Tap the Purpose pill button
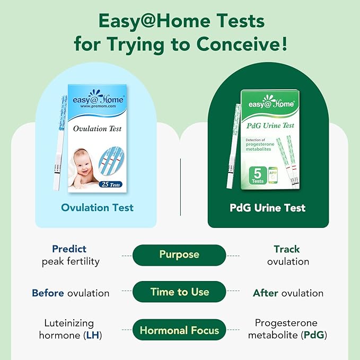[x=179, y=254]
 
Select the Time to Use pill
[x=179, y=292]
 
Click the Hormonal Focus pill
[x=179, y=330]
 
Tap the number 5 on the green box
[x=257, y=172]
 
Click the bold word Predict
[x=69, y=249]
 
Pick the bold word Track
[x=287, y=249]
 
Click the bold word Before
[x=48, y=293]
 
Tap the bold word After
[x=266, y=293]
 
